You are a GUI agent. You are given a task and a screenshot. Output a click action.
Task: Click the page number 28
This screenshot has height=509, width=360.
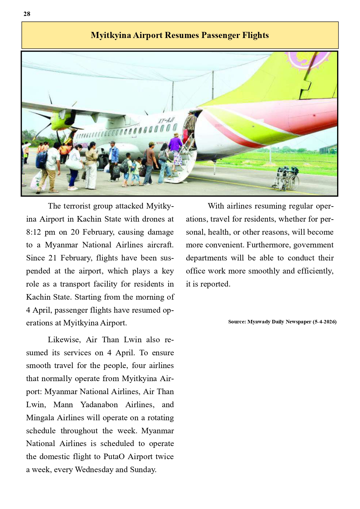pos(27,14)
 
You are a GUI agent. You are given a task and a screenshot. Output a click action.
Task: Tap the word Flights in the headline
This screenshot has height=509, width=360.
pos(255,35)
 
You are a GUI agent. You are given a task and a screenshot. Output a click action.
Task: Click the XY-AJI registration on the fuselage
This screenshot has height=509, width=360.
pos(166,119)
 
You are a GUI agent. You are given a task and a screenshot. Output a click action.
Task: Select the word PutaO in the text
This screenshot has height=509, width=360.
pos(114,457)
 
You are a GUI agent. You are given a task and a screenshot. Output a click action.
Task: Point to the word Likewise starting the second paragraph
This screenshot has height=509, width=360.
pos(64,340)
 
